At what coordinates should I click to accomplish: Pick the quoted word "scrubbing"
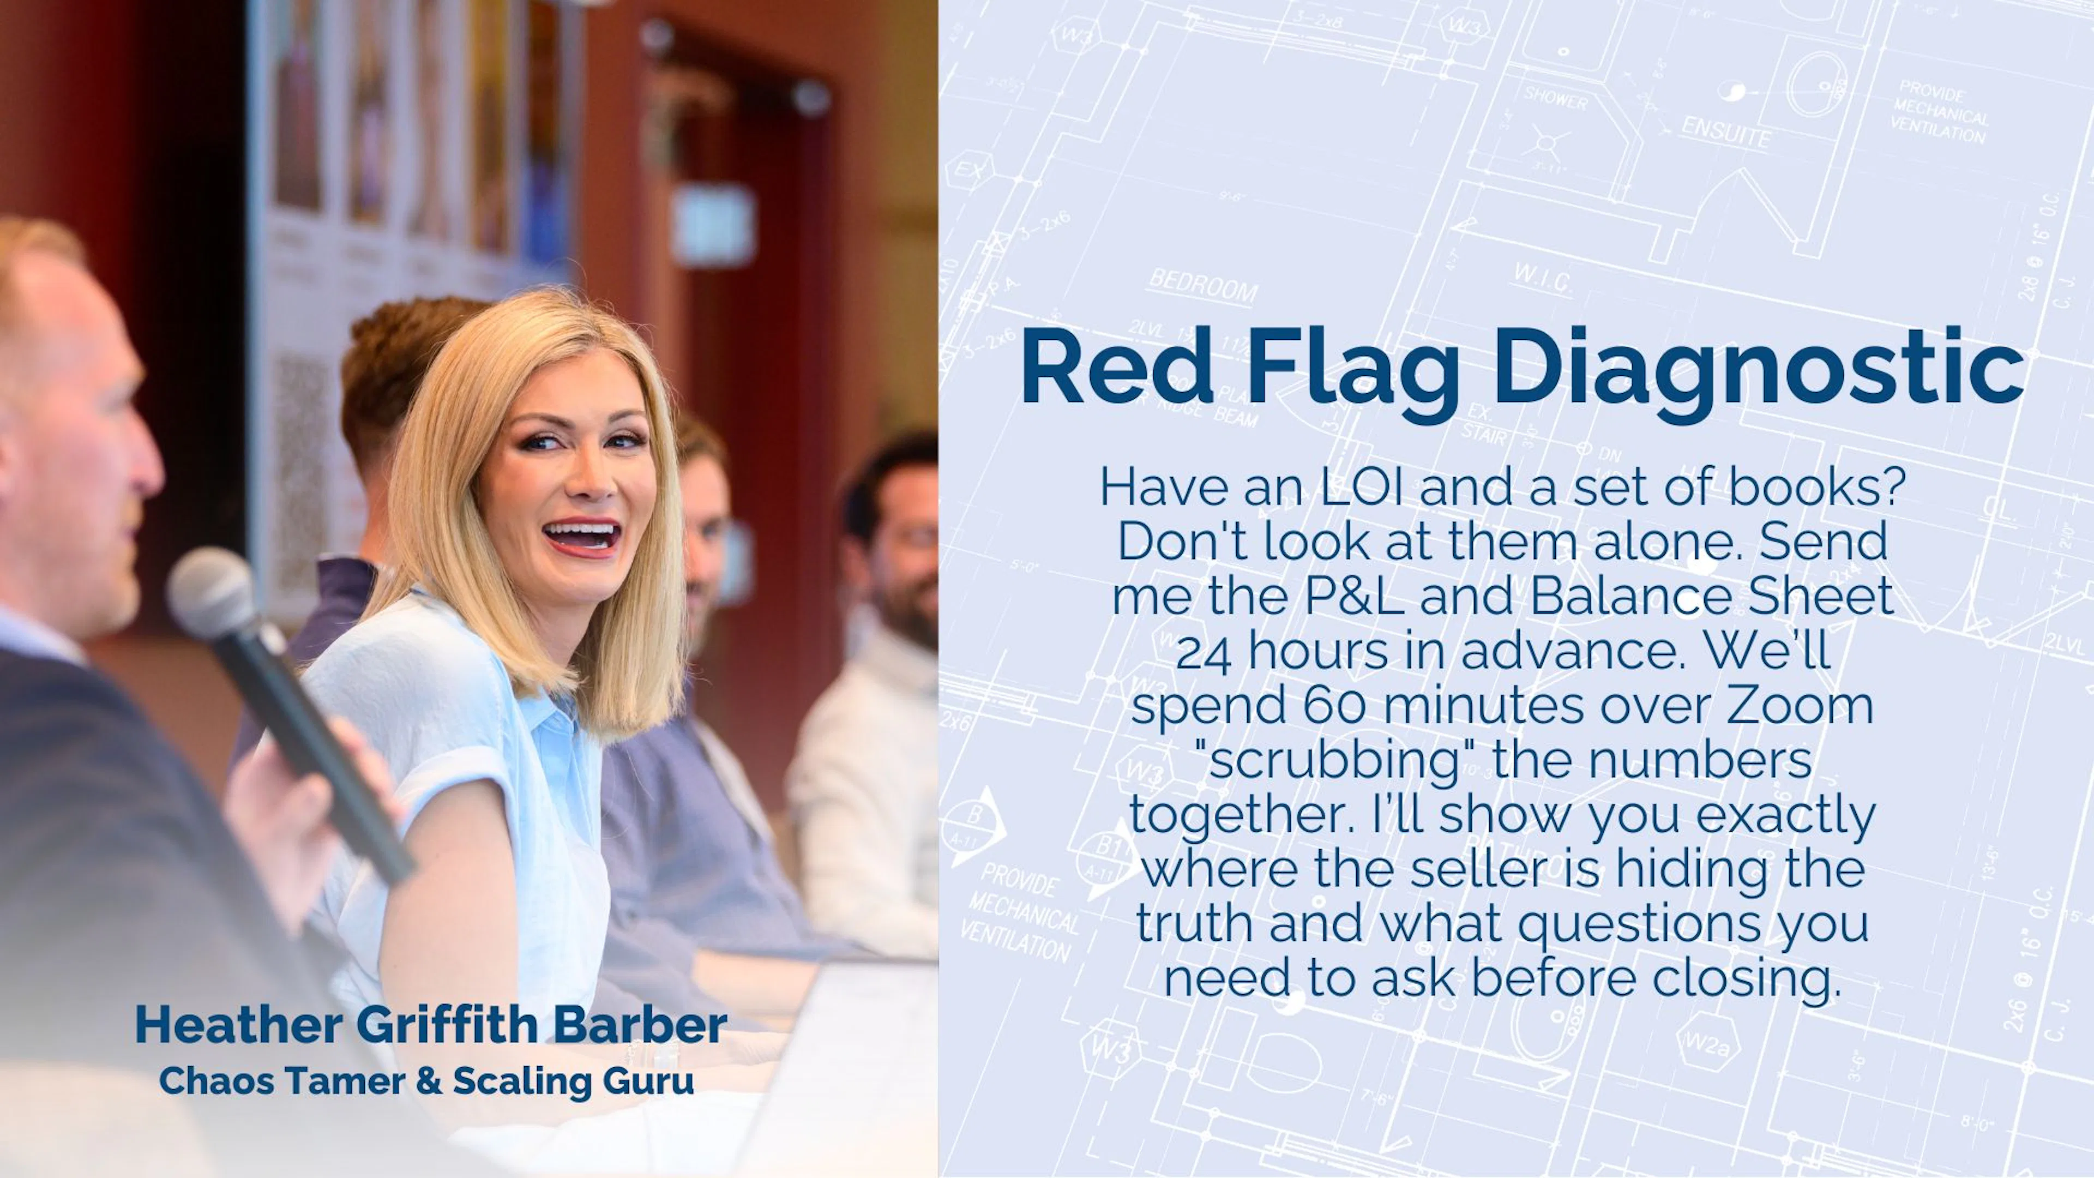(x=1334, y=760)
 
